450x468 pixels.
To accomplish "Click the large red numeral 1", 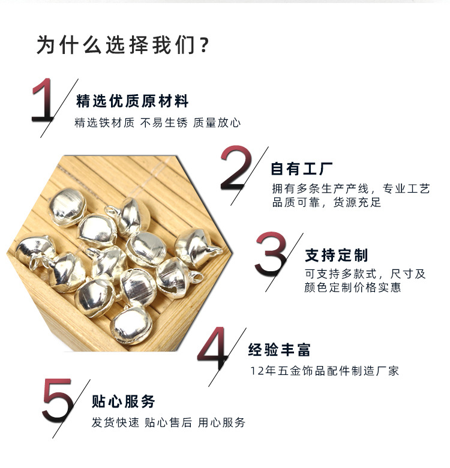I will tap(44, 100).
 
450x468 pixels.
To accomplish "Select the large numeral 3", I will tap(271, 255).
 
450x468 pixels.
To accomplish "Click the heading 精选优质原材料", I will tap(133, 101).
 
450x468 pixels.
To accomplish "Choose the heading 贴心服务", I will tap(124, 401).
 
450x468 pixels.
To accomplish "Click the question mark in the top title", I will tap(204, 46).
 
